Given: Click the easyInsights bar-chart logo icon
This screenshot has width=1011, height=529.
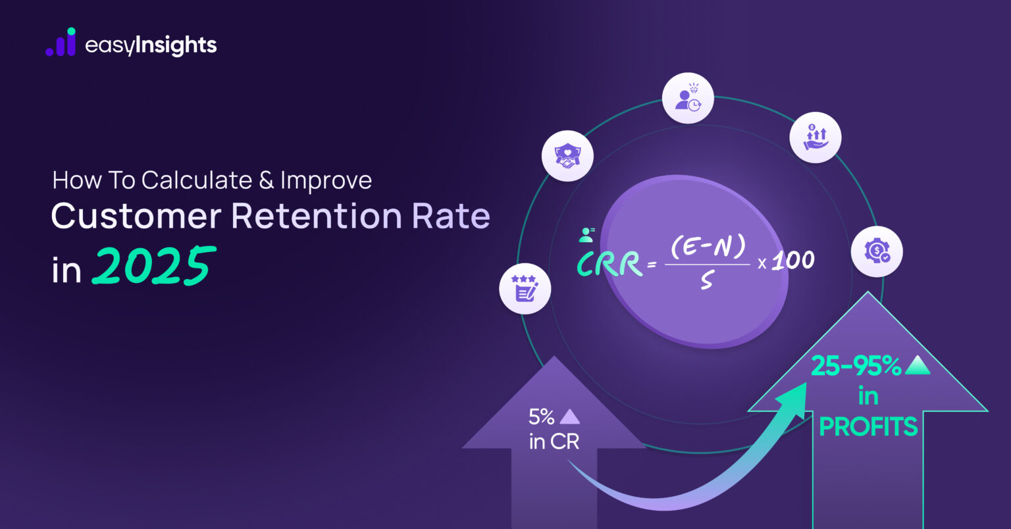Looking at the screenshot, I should [x=61, y=43].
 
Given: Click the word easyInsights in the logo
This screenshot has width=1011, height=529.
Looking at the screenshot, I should [x=151, y=45].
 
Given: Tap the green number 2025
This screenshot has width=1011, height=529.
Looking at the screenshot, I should [x=153, y=266].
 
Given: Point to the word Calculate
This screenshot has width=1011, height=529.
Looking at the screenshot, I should [x=197, y=180].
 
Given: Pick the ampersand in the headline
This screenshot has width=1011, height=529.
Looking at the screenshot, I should [x=266, y=180].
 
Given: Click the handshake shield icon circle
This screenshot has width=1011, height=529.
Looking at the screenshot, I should [x=567, y=157].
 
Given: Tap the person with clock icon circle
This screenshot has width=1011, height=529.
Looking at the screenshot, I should [x=688, y=98].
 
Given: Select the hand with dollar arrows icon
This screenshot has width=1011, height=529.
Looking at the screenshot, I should [x=816, y=138].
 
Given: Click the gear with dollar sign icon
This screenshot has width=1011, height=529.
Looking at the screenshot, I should [x=877, y=251].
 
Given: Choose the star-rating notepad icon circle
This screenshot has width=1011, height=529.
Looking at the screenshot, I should [x=525, y=288].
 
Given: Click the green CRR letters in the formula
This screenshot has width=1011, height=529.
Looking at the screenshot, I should [x=609, y=264].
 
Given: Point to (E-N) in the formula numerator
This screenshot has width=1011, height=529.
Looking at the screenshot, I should [x=708, y=247].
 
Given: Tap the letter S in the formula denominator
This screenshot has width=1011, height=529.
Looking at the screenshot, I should [x=706, y=280].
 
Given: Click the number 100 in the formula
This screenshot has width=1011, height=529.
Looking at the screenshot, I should [x=792, y=261].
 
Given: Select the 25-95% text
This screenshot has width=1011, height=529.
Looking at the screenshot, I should [x=856, y=366].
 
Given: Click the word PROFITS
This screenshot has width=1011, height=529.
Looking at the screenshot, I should [x=868, y=427].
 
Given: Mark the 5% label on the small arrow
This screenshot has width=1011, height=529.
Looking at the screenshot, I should [x=542, y=416].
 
